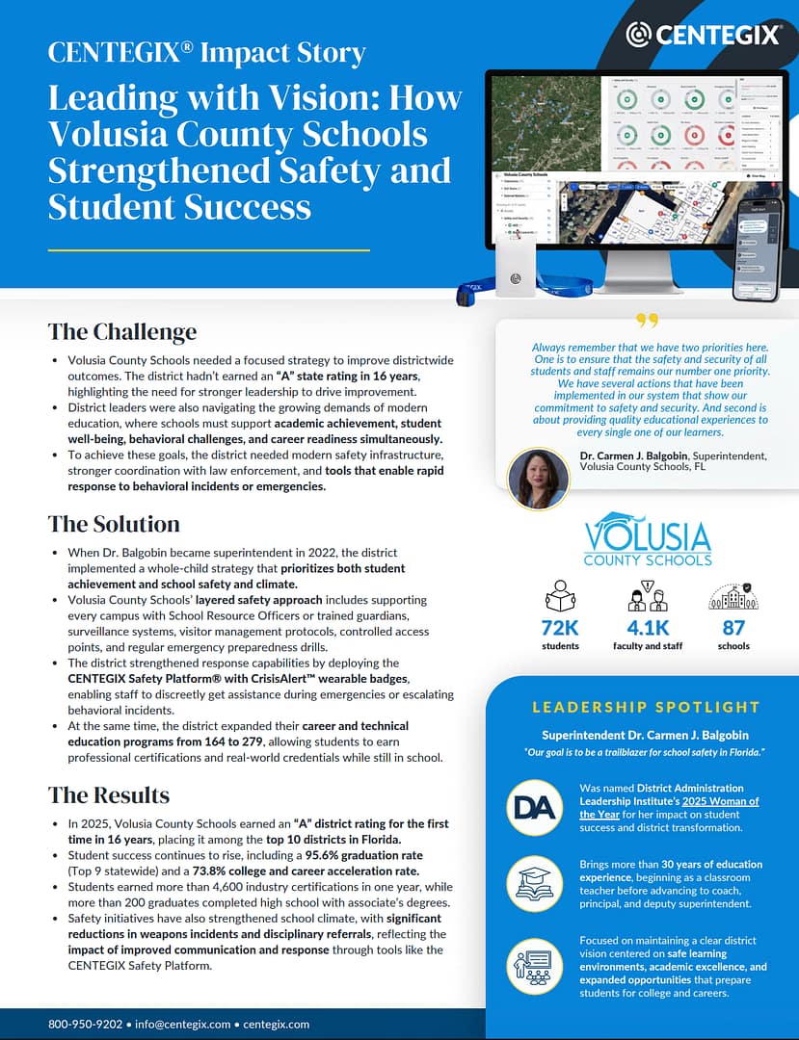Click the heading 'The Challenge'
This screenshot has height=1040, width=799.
click(122, 332)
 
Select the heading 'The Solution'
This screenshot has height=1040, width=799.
click(114, 524)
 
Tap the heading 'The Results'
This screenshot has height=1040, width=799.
click(109, 795)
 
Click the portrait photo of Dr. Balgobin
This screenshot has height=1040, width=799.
click(538, 479)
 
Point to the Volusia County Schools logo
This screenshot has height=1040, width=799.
click(648, 541)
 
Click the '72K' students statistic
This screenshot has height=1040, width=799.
click(560, 628)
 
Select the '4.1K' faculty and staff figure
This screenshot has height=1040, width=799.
click(648, 628)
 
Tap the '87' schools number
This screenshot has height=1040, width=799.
click(733, 628)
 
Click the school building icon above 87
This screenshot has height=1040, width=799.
click(733, 596)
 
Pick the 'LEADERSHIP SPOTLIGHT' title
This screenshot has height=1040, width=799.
click(646, 708)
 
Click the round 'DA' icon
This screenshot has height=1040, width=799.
click(534, 806)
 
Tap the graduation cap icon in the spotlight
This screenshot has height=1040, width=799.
click(534, 882)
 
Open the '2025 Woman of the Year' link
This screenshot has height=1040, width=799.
click(669, 807)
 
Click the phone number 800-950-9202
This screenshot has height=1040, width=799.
click(85, 1024)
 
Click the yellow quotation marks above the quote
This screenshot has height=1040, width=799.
click(647, 322)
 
